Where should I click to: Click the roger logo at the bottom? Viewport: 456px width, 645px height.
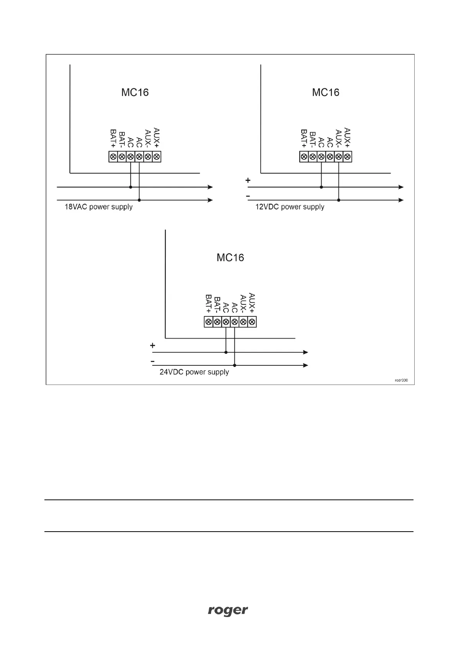(x=228, y=611)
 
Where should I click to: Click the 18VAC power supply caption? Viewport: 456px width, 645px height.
(x=98, y=207)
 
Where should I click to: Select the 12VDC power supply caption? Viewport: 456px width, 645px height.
(x=290, y=207)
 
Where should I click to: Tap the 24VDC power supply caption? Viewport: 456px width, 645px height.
(x=194, y=372)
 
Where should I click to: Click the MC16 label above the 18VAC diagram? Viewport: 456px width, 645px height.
(x=135, y=92)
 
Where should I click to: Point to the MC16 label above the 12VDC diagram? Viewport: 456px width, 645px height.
(x=326, y=92)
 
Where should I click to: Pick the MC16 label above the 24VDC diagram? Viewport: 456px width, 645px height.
(x=230, y=257)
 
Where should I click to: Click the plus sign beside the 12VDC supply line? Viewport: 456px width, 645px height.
(x=248, y=180)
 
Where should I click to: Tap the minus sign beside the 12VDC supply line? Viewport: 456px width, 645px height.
(x=248, y=196)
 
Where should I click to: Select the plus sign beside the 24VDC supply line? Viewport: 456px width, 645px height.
(x=153, y=345)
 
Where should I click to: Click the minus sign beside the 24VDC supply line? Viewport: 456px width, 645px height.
(x=153, y=362)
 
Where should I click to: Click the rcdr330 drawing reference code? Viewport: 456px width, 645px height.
(x=402, y=380)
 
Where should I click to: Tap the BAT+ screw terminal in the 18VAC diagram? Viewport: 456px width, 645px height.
(x=113, y=157)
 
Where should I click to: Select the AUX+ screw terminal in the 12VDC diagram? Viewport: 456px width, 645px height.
(x=347, y=157)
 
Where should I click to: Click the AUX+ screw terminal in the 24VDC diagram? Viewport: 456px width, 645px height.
(x=252, y=322)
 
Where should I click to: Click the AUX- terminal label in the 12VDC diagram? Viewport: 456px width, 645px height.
(x=338, y=139)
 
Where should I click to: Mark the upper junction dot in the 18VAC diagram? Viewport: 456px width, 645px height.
(x=131, y=187)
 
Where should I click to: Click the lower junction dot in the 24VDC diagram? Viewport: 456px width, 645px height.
(x=235, y=365)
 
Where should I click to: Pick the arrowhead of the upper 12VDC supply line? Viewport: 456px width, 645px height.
(x=401, y=187)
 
